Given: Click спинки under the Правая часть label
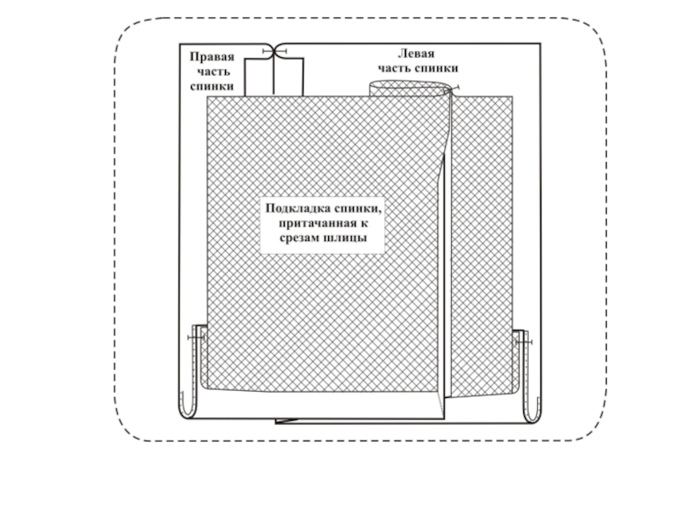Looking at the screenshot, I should tap(211, 87).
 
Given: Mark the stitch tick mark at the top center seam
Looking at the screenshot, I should tap(275, 52).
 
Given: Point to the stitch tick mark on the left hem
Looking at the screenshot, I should tap(195, 338).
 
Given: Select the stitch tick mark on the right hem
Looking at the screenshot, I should tap(523, 342).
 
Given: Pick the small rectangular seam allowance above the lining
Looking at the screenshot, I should tap(274, 76).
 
